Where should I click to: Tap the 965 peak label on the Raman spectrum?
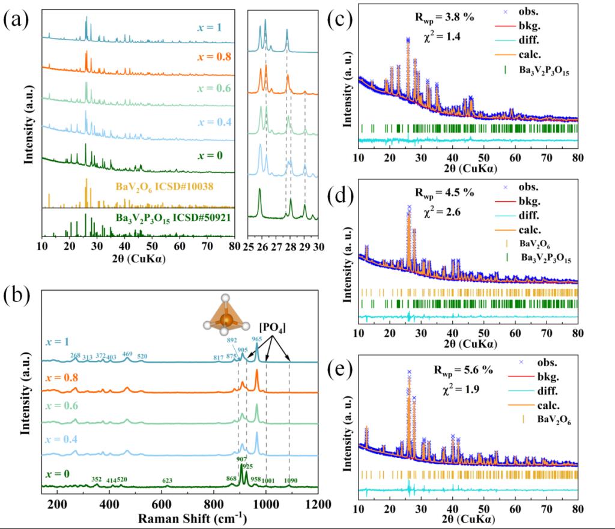click(256, 340)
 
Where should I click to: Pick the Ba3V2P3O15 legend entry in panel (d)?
click(546, 258)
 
